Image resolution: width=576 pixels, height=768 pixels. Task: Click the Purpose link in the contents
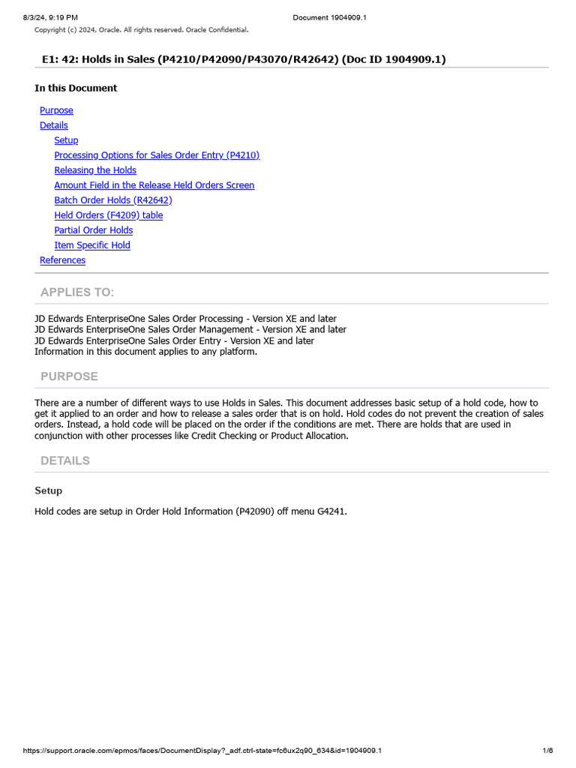coord(56,110)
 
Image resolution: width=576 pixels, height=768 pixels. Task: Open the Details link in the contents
coord(54,125)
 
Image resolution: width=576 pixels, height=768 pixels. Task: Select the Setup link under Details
coord(66,140)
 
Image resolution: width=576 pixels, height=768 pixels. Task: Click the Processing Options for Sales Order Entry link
coord(157,155)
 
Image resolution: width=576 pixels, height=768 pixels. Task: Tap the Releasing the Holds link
coord(95,170)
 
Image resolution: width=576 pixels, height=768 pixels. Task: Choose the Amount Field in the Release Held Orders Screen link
coord(154,185)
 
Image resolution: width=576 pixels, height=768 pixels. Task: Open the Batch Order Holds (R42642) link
coord(113,200)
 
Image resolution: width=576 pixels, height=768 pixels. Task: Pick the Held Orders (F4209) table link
coord(109,215)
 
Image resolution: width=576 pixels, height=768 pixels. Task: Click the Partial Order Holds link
coord(94,230)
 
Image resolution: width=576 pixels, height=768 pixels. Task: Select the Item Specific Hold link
coord(92,245)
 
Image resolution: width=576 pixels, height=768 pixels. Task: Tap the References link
coord(62,260)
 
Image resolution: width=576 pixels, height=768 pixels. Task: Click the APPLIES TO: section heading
coord(77,292)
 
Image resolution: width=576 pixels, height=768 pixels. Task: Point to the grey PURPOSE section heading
coord(69,376)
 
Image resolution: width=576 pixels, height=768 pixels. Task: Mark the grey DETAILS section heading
coord(65,460)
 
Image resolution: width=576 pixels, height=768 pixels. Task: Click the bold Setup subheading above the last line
coord(48,490)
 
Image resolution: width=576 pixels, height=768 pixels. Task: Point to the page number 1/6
coord(547,751)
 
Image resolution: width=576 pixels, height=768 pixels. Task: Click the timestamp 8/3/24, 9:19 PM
coord(50,17)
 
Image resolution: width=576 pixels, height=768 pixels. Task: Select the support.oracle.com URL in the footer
coord(202,751)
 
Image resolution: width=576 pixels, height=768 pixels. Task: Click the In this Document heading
coord(76,88)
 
